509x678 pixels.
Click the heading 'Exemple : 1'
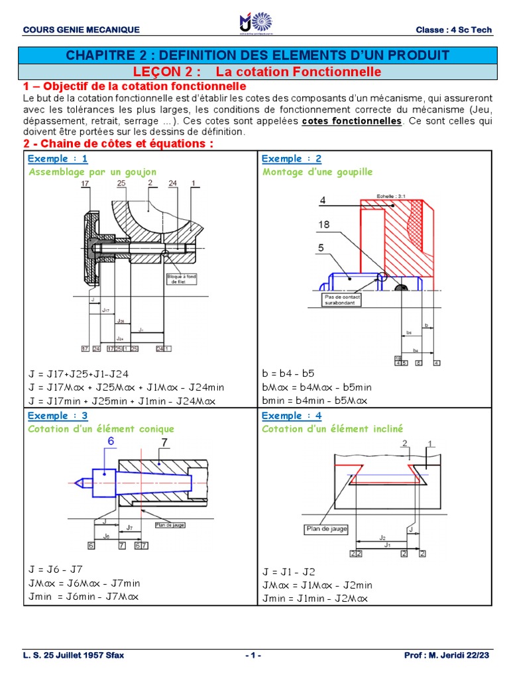pos(58,159)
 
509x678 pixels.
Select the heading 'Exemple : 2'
pos(292,159)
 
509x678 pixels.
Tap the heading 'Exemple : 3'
pos(58,416)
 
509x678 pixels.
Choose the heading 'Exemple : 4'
pos(292,416)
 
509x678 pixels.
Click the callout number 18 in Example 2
pos(324,225)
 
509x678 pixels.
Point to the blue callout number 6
pos(111,442)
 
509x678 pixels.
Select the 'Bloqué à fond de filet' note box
pos(179,277)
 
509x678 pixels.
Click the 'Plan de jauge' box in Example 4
pos(325,528)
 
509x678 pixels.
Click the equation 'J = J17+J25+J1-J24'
pos(80,373)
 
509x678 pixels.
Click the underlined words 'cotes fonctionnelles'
pos(351,121)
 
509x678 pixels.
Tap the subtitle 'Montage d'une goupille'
pos(317,171)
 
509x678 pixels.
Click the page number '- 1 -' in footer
pos(253,655)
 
